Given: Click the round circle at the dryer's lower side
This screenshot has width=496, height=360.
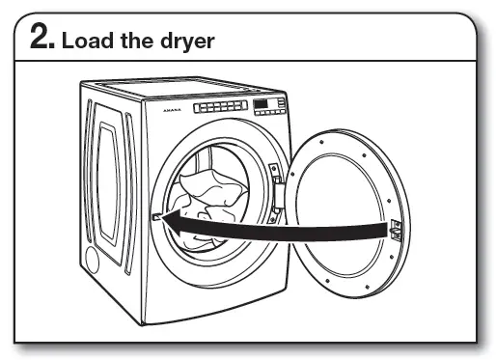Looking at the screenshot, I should pos(93,258).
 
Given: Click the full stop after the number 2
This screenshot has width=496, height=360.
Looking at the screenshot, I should pos(54,47).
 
